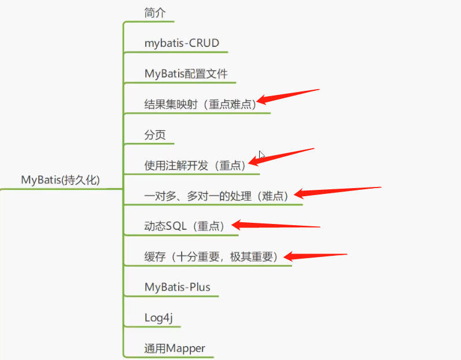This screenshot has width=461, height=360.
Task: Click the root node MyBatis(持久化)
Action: (61, 180)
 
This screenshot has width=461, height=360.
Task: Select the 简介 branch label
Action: (155, 13)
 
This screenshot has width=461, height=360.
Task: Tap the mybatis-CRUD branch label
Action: (182, 43)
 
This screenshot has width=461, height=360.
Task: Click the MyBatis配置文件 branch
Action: (186, 74)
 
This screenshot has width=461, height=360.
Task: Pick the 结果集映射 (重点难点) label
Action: (200, 104)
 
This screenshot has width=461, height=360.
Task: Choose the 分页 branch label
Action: (155, 135)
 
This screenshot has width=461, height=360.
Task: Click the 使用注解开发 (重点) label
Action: (194, 166)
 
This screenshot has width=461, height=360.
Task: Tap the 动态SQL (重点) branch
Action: (185, 226)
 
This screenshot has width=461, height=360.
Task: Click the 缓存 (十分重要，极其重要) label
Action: (211, 257)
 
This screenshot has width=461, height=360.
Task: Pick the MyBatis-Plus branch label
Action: (177, 287)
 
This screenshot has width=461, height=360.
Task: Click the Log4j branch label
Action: (158, 318)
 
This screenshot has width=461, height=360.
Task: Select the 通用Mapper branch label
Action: (175, 348)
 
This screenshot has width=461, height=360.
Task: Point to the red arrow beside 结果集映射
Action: (288, 97)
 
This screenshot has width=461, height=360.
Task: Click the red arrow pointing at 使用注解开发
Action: (281, 157)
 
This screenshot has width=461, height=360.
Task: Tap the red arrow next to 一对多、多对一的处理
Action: (338, 192)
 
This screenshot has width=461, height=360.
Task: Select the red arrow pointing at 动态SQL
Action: (275, 225)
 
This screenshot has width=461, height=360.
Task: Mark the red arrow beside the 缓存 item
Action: (315, 256)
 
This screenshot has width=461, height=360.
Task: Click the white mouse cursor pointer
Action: (261, 155)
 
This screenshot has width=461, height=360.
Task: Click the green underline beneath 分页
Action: (149, 144)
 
